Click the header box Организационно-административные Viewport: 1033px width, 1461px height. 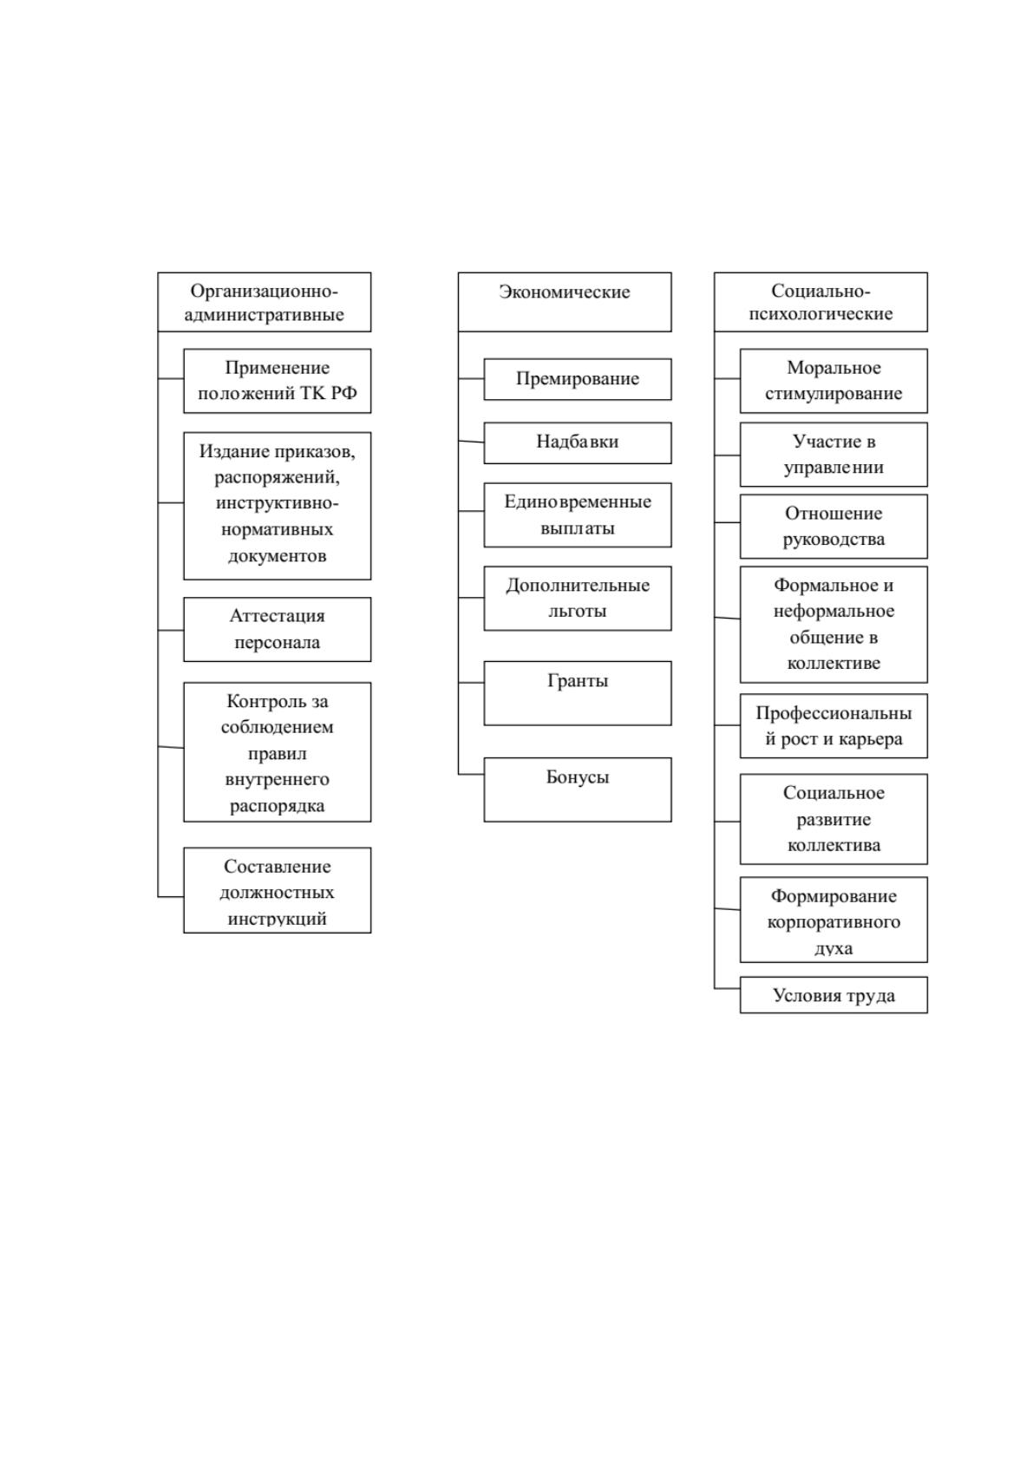tap(265, 302)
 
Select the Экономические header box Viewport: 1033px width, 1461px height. tap(565, 302)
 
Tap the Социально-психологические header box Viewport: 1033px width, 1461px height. tap(821, 302)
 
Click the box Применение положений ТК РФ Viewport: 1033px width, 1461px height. tap(278, 381)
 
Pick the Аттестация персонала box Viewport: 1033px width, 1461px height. tap(278, 629)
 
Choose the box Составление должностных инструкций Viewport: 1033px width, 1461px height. tap(278, 890)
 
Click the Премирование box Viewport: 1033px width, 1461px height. tap(578, 379)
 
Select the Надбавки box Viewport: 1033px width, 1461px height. tap(578, 442)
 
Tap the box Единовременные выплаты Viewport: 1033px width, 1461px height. tap(578, 515)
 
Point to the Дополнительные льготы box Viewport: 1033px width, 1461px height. tap(578, 598)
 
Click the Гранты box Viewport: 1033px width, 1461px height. tap(578, 693)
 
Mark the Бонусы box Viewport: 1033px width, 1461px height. tap(578, 789)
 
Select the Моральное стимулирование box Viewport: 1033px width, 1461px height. tap(834, 381)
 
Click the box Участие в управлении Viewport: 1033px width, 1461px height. tap(834, 455)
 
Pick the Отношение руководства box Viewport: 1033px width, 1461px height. tap(834, 527)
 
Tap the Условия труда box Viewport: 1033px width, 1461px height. tap(834, 994)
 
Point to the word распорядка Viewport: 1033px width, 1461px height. tap(278, 806)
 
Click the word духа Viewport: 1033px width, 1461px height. tap(834, 949)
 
